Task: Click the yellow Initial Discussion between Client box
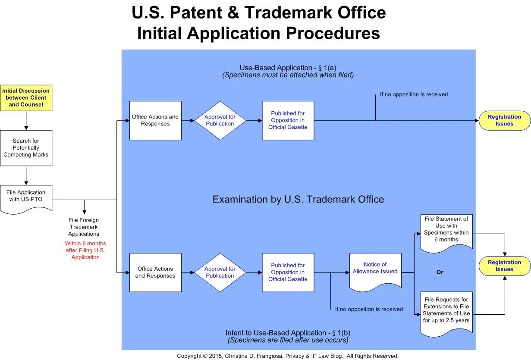(x=26, y=98)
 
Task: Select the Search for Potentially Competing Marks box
(x=26, y=148)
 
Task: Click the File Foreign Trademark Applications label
(x=84, y=227)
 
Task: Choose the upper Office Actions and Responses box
(x=155, y=120)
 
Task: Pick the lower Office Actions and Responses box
(x=155, y=272)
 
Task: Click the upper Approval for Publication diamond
(x=220, y=120)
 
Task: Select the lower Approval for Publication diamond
(x=220, y=272)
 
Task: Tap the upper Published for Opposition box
(x=288, y=120)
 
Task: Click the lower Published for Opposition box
(x=288, y=272)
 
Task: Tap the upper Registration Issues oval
(x=505, y=120)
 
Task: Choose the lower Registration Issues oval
(x=505, y=266)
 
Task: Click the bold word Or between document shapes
(x=440, y=272)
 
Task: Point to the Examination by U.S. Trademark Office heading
(x=298, y=200)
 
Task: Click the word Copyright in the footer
(x=189, y=356)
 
